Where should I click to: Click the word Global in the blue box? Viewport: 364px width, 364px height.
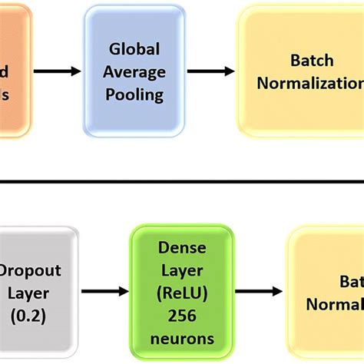(134, 49)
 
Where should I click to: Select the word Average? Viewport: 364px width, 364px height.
(134, 72)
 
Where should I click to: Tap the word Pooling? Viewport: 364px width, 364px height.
(134, 94)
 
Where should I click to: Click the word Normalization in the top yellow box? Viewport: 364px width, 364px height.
(310, 83)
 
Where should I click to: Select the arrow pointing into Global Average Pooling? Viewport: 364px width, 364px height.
(58, 71)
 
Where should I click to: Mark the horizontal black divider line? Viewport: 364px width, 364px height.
(182, 182)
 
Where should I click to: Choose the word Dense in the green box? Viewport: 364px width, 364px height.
(181, 248)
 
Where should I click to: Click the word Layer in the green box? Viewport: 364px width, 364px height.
(181, 271)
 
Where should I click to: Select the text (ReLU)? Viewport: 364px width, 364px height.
(181, 293)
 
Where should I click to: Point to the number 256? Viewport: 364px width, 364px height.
(181, 316)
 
